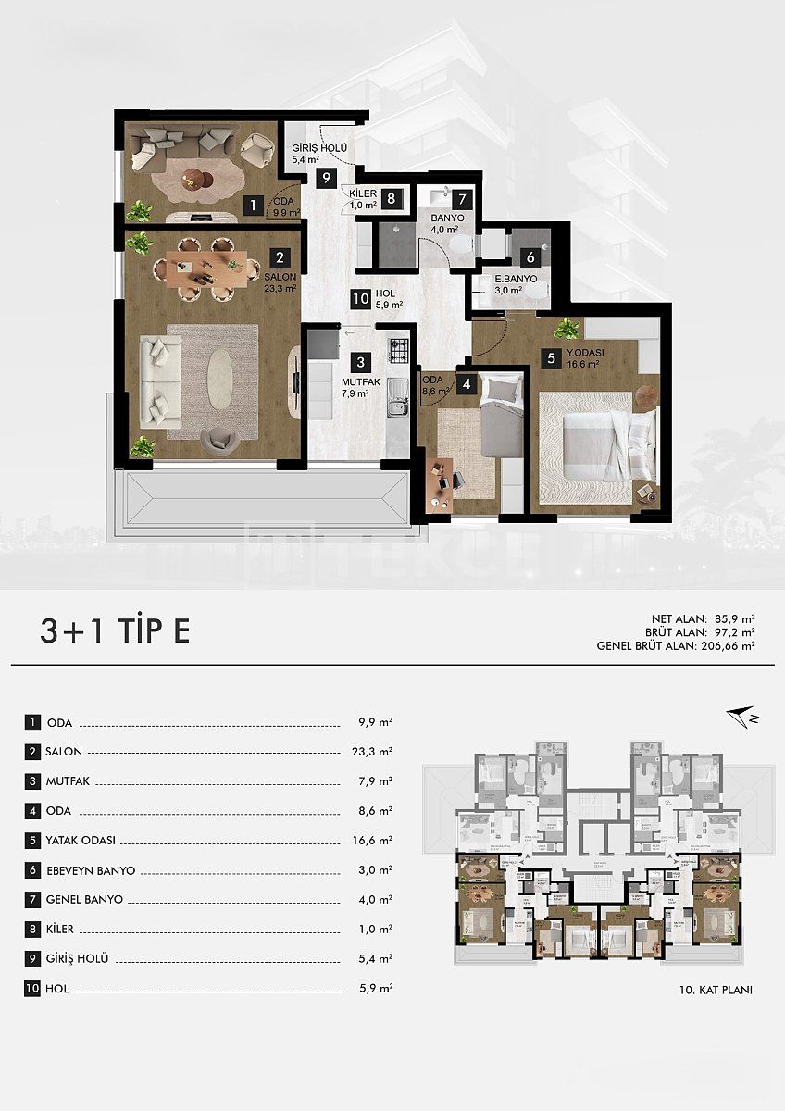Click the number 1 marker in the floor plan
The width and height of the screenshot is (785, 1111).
[x=250, y=206]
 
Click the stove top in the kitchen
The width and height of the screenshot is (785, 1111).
[x=398, y=349]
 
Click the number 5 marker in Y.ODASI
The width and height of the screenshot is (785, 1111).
[x=551, y=357]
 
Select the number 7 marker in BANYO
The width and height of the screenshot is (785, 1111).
[x=462, y=198]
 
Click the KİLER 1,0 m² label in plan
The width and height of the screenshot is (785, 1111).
[x=363, y=199]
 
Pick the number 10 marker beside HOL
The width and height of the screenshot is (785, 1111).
[x=362, y=298]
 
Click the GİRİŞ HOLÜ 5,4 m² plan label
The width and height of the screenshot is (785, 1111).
[x=318, y=154]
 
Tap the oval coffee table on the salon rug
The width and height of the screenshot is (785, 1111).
[x=220, y=377]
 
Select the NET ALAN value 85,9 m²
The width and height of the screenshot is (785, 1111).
[x=735, y=616]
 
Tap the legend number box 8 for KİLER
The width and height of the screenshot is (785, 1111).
[x=33, y=929]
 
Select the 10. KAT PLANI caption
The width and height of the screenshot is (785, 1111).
[x=716, y=990]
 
